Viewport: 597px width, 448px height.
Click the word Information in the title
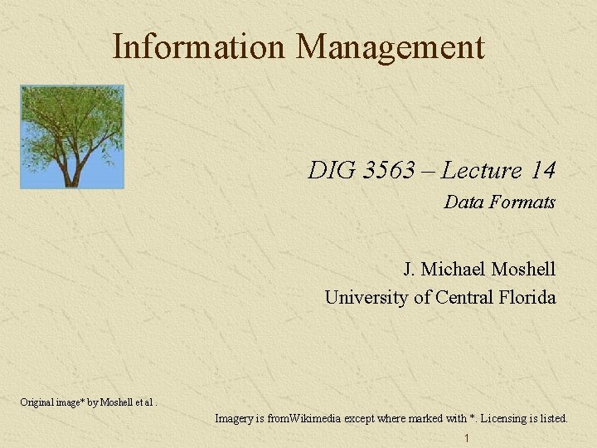200,46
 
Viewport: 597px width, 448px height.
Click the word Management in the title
390,48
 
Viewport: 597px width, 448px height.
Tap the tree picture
72,136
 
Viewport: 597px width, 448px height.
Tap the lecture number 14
543,171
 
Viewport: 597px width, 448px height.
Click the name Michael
454,270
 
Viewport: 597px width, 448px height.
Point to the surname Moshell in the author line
523,270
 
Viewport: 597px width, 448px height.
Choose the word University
366,297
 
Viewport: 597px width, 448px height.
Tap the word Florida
528,297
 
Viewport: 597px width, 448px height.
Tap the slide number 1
468,438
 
